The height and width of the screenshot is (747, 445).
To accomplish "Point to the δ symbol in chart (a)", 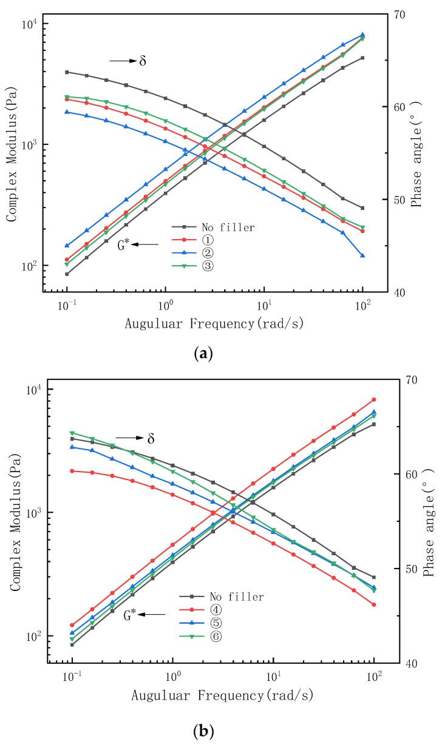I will (x=143, y=61).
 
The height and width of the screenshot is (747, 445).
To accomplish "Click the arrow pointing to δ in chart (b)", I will (x=129, y=438).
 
